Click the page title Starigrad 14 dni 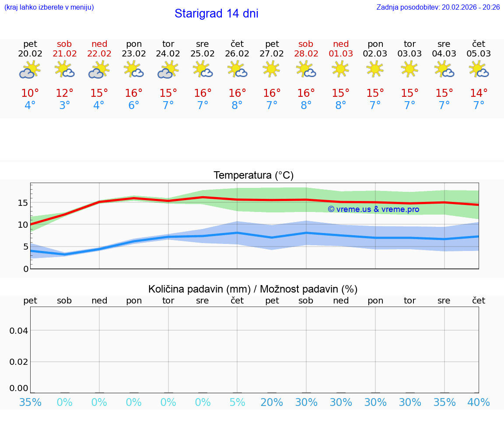point(216,14)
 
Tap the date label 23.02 point(133,54)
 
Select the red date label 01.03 point(341,54)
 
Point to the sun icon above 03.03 point(409,68)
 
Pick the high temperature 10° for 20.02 point(30,93)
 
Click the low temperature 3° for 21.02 point(64,106)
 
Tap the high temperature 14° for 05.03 point(479,93)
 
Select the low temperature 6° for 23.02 point(133,106)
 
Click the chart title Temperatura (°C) point(253,176)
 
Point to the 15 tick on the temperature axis point(23,203)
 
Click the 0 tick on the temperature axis point(26,268)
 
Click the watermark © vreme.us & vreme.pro point(374,209)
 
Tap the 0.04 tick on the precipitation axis point(19,331)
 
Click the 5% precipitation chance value point(237,402)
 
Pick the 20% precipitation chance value point(272,402)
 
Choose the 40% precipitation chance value point(479,402)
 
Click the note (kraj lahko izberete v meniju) point(49,7)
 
